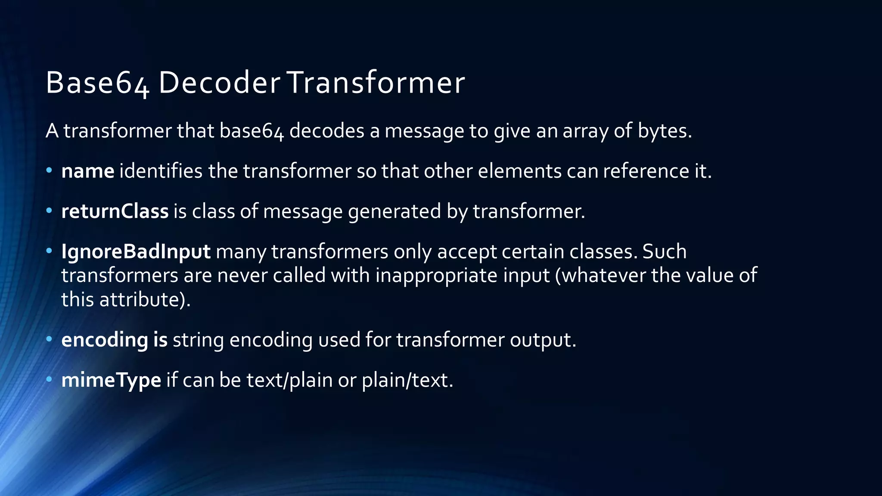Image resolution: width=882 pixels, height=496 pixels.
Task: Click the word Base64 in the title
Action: (97, 82)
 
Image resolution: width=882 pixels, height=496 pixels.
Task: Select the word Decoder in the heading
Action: (219, 82)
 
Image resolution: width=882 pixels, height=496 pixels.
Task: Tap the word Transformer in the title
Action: (376, 82)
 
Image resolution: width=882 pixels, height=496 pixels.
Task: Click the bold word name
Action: (88, 171)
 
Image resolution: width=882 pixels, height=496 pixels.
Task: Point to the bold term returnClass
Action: (115, 211)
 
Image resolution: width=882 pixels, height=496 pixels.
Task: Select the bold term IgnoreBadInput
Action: (136, 252)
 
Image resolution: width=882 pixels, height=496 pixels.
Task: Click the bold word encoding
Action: (105, 340)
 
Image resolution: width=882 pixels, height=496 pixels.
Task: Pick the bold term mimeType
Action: (111, 380)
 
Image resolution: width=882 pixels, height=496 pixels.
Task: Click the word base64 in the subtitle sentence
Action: (252, 131)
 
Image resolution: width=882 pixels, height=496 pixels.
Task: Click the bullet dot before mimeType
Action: (49, 379)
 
